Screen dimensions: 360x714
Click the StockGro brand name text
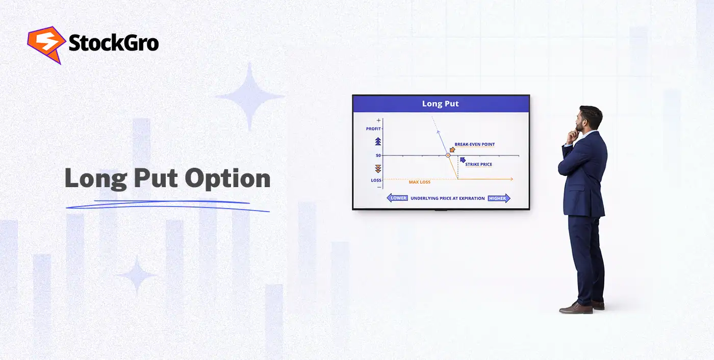tap(113, 43)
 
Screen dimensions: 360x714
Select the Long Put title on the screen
tap(440, 104)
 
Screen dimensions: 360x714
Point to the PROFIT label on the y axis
tap(373, 129)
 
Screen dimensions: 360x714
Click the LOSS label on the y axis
tap(376, 180)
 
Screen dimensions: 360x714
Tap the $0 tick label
tap(378, 155)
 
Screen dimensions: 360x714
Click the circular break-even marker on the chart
tap(448, 155)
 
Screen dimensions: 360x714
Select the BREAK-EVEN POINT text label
tap(474, 144)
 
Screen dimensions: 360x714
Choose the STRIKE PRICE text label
tap(478, 165)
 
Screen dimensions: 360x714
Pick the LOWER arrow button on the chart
tap(397, 198)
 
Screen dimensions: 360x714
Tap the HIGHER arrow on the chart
tap(499, 198)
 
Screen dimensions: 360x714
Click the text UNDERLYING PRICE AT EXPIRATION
tap(448, 198)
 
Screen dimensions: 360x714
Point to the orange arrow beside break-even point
tap(452, 150)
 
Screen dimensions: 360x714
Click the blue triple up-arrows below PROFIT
tap(378, 141)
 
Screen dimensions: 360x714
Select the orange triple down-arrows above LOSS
tap(378, 168)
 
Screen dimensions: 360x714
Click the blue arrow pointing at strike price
tap(462, 160)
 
